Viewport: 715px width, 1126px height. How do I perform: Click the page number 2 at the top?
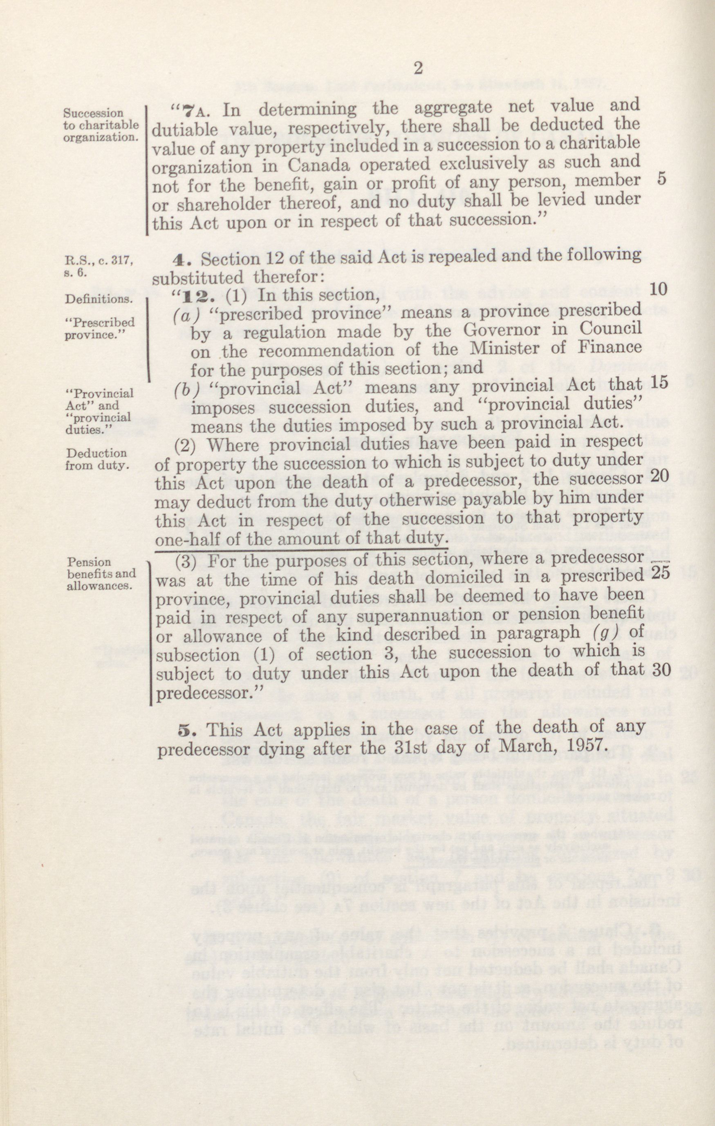tap(418, 69)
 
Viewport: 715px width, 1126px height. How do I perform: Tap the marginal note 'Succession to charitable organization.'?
tap(101, 125)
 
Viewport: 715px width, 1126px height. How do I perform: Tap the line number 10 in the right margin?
tap(658, 289)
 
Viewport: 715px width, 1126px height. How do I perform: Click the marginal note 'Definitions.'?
tap(98, 299)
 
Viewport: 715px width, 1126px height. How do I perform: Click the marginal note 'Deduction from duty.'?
tap(96, 459)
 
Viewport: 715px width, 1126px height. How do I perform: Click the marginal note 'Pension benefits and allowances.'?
tap(100, 574)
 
